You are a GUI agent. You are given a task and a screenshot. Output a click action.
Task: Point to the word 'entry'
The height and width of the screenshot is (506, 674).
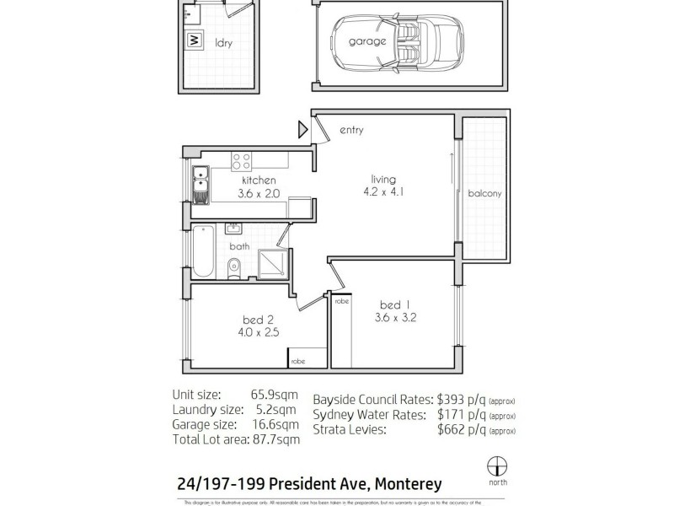[351, 130]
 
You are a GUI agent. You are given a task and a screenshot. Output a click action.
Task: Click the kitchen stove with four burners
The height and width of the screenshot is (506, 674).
[242, 160]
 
